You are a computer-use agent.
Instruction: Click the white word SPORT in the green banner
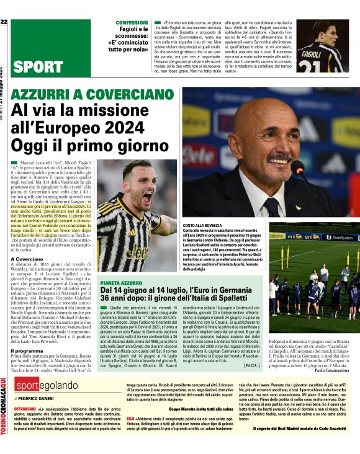pyautogui.click(x=37, y=67)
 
